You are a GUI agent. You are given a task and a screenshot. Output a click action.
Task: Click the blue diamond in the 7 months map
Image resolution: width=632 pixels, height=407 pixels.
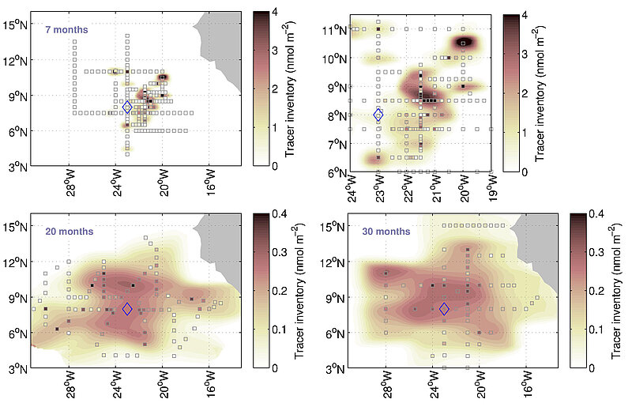click(127, 107)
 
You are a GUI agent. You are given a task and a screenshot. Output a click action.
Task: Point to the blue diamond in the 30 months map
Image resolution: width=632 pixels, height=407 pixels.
click(444, 309)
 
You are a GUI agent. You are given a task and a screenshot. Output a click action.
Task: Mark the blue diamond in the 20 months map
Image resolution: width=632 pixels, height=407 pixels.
click(127, 309)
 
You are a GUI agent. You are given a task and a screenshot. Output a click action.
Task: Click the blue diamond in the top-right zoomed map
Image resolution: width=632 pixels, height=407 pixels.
click(378, 115)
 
